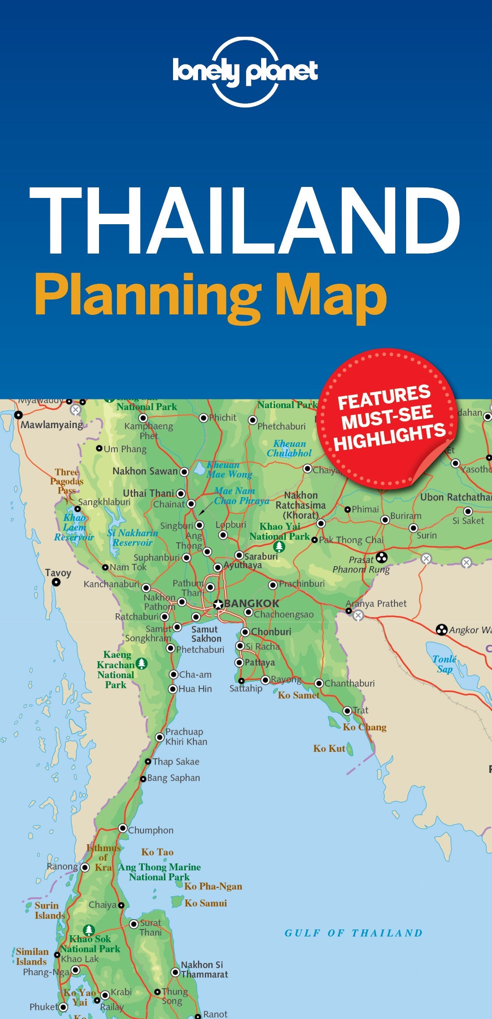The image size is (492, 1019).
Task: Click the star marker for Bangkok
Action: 218,605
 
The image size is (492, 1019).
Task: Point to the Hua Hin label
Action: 195,689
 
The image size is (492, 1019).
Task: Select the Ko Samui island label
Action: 205,903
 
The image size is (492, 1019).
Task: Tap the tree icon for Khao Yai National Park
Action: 279,546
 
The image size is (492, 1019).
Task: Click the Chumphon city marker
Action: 123,828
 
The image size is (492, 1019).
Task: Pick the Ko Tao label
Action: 157,852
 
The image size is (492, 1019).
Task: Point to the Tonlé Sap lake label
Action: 444,664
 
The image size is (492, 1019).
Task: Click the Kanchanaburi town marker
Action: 146,587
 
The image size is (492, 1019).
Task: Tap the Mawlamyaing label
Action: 52,425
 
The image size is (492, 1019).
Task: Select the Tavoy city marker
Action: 56,582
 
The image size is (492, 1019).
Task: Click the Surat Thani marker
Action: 134,924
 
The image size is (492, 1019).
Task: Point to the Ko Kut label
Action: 329,748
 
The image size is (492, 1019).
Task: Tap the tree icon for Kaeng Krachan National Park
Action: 142,664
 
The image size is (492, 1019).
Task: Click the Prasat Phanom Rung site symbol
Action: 382,557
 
